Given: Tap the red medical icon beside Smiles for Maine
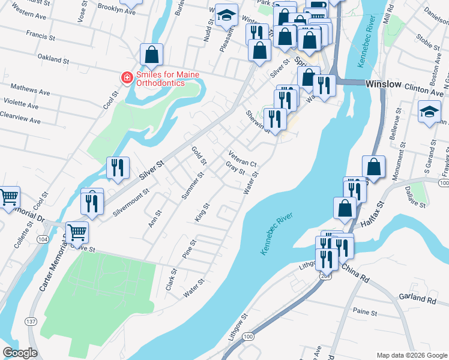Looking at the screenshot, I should tap(127, 77).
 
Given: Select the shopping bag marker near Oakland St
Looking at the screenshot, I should tap(152, 55).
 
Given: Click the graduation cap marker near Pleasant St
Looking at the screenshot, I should tap(226, 17).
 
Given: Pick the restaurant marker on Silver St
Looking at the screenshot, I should tap(118, 168).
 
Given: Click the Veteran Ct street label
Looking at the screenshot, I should tap(243, 159).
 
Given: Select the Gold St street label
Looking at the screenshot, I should tap(199, 155).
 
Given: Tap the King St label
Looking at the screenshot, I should tap(201, 212).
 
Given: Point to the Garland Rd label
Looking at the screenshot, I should tap(416, 298).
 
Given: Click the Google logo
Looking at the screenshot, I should tap(20, 353).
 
